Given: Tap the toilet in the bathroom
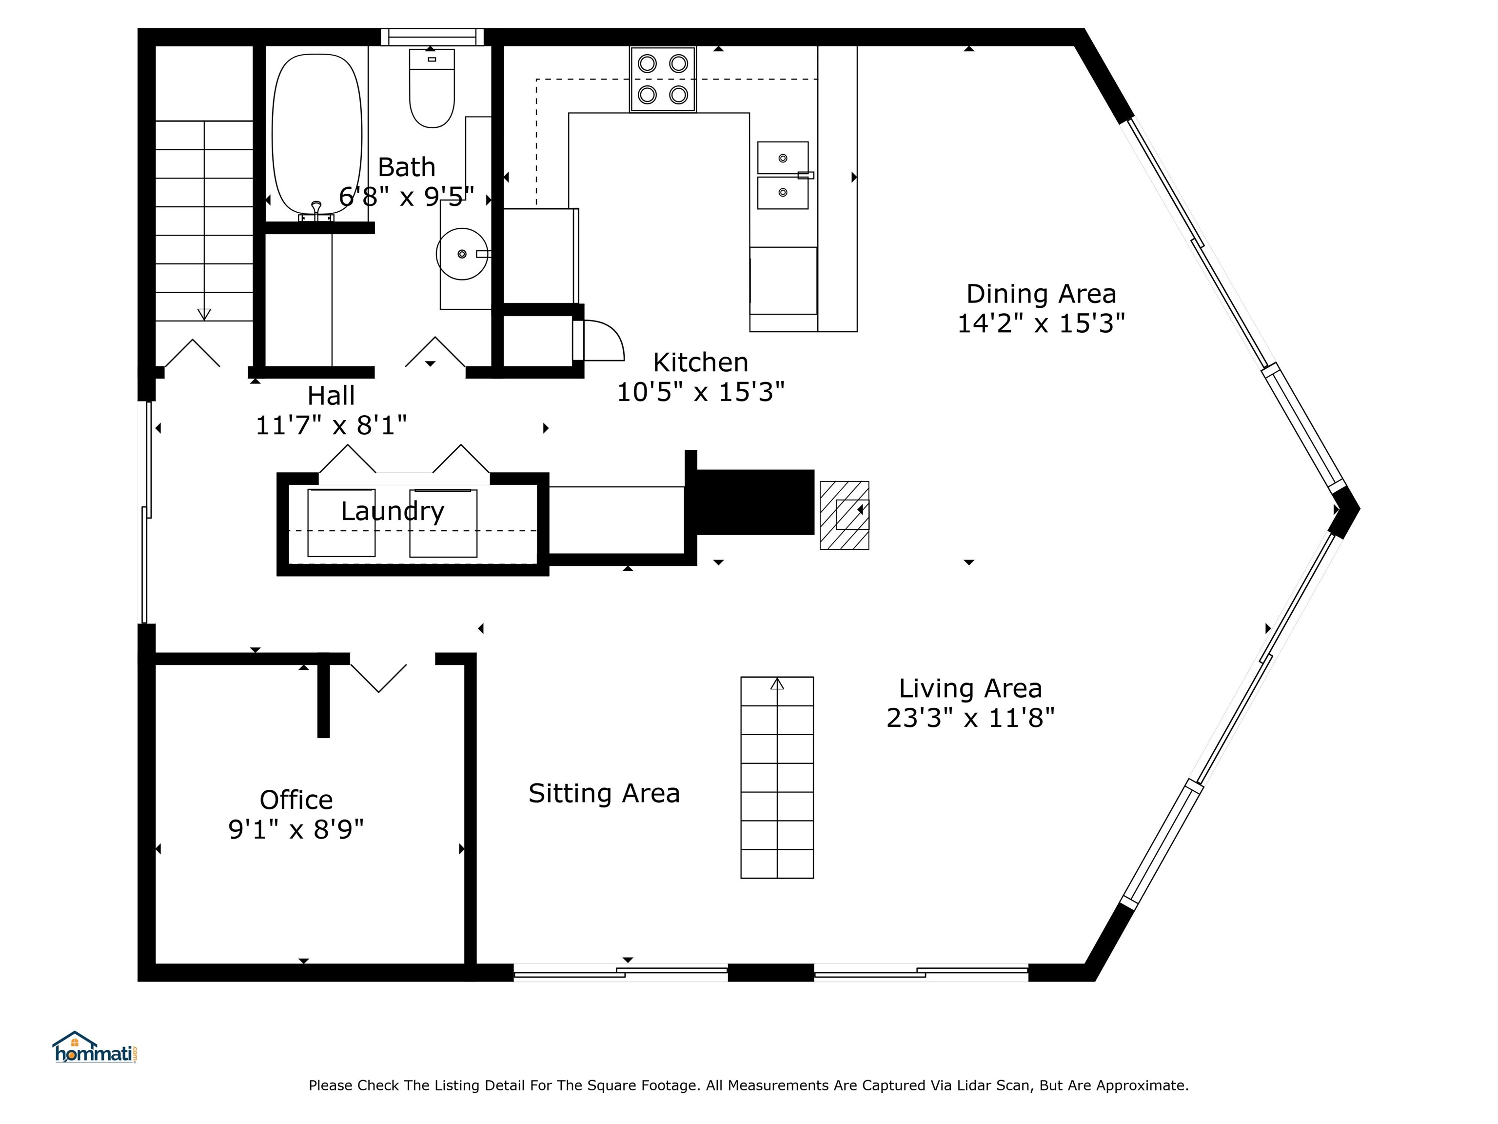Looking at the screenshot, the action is [432, 88].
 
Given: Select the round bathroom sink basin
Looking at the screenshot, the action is [462, 253].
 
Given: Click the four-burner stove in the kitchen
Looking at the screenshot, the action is [663, 79].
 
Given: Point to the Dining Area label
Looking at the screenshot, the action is [1041, 294].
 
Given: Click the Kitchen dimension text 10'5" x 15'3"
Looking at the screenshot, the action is [700, 392].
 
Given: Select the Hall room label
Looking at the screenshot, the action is [331, 396].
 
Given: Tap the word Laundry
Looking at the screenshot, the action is [392, 512].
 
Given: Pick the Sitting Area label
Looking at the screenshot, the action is [604, 793].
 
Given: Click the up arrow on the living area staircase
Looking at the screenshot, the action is [777, 684].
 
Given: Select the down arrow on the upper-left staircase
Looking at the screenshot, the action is [204, 314].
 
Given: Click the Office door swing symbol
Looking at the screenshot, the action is [378, 678].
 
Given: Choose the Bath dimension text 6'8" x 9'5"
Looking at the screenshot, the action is [406, 197].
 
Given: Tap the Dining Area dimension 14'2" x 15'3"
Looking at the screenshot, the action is [1041, 323].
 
